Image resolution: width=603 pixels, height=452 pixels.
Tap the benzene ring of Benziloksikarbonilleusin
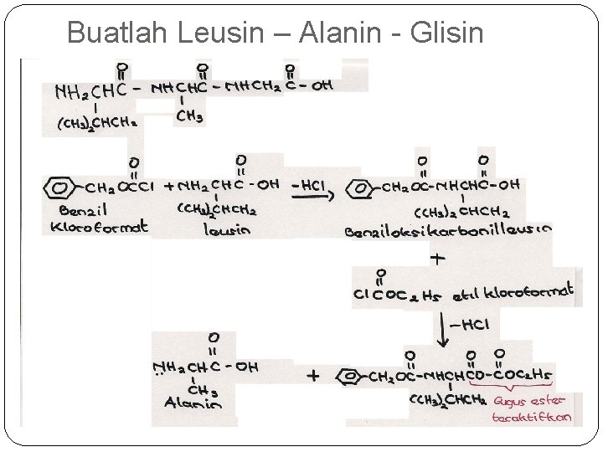pos(363,187)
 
